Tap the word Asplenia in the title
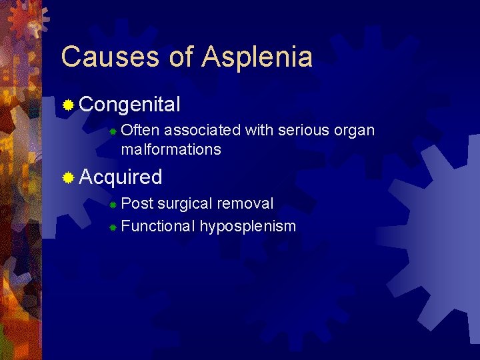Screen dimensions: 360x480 258,57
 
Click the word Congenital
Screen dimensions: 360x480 130,105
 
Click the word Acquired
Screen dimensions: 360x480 121,177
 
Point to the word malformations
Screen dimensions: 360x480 171,149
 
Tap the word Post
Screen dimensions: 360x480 137,203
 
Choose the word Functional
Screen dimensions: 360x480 158,226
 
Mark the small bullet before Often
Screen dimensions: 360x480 113,131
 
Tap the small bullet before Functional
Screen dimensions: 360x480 113,227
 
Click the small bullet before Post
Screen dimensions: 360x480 113,204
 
